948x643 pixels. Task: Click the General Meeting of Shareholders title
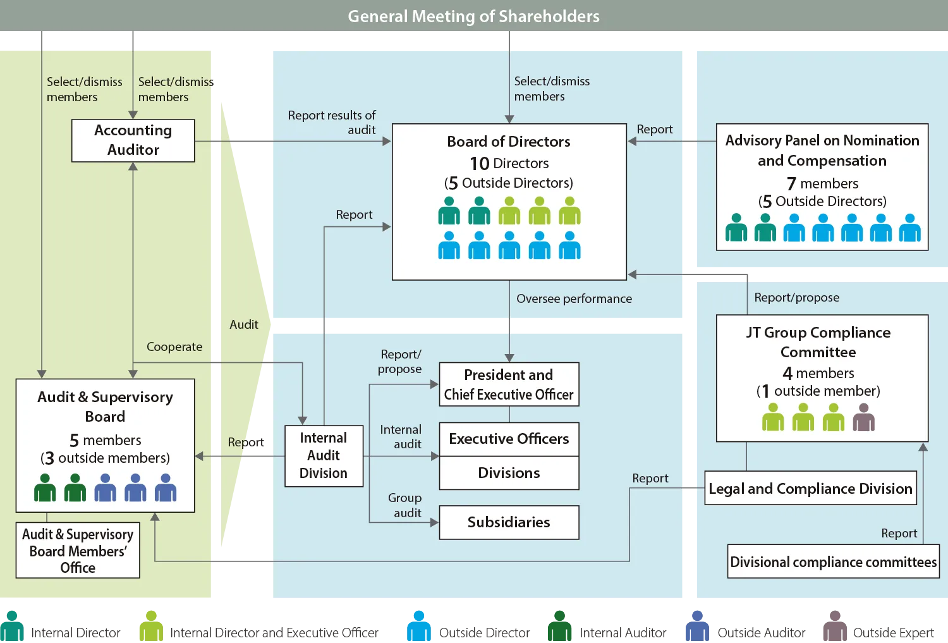473,16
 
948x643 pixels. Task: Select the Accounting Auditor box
133,140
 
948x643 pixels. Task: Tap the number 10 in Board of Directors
480,164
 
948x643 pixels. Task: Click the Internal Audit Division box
324,456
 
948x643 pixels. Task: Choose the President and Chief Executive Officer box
509,384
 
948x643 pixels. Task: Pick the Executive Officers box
509,439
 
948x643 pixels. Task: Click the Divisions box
509,473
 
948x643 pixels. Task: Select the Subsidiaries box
509,522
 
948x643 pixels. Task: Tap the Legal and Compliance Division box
810,489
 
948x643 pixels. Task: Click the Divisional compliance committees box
833,562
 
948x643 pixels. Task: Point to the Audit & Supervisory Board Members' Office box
78,551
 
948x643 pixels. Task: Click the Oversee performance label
574,299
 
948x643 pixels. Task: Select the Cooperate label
174,347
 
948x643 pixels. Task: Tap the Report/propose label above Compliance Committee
796,298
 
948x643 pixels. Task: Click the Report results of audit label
332,123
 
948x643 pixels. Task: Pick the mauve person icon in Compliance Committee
863,419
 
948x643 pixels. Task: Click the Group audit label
404,505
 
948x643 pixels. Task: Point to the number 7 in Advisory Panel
791,184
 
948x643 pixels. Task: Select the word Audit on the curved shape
244,325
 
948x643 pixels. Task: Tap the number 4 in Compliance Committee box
787,374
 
